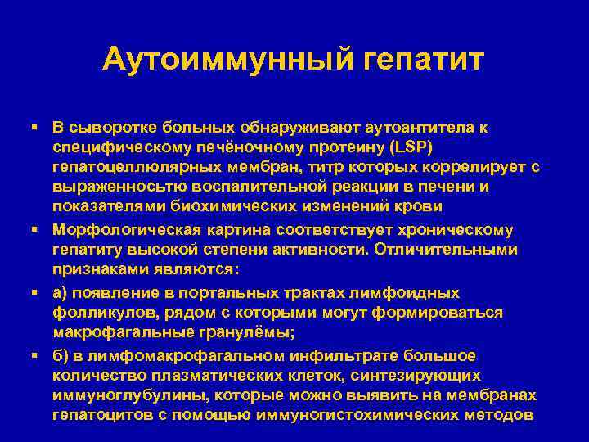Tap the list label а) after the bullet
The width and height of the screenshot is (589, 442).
tap(61, 293)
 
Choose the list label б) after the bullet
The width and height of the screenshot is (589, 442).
tap(61, 355)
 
